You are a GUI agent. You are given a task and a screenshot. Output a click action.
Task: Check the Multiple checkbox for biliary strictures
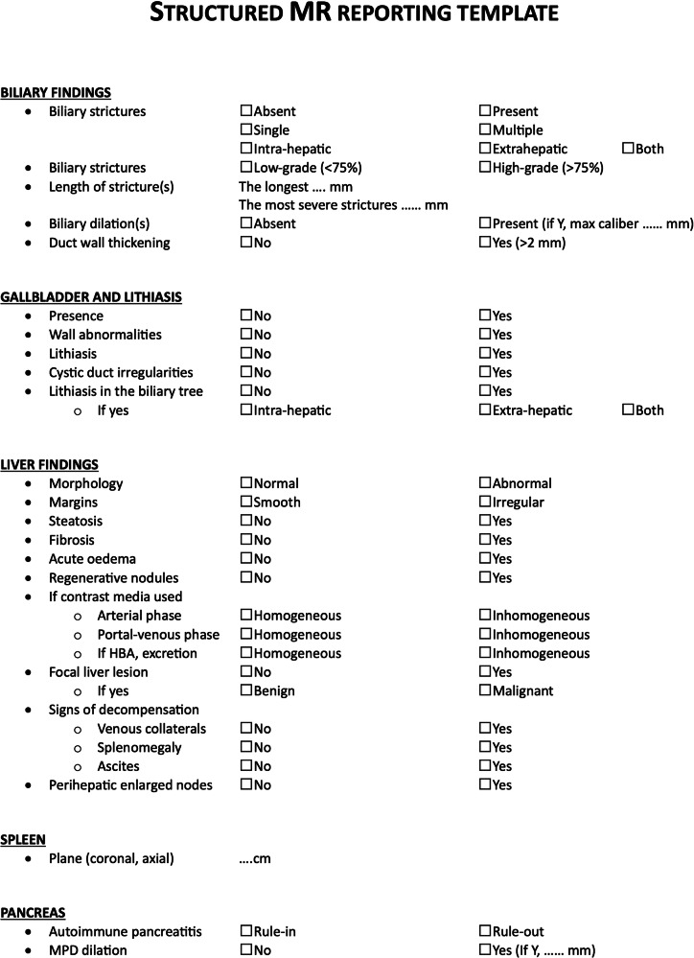pos(484,130)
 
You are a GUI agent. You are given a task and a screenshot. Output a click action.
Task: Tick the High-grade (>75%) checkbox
pos(484,168)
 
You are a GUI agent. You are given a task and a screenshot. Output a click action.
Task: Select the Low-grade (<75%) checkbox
pos(245,168)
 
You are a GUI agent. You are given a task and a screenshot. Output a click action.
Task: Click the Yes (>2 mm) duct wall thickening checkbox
pos(484,243)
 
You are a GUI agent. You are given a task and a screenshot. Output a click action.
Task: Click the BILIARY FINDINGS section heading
pos(56,92)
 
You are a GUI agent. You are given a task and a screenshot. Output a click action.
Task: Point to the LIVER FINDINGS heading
pos(49,465)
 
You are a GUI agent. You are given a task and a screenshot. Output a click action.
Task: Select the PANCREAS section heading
pos(32,914)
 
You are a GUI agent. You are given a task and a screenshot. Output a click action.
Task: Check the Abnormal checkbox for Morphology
pos(484,483)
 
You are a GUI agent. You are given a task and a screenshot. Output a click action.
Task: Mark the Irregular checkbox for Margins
pos(484,502)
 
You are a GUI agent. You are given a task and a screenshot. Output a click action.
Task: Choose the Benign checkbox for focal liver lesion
pos(245,690)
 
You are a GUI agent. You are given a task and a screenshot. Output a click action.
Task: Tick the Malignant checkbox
pos(484,690)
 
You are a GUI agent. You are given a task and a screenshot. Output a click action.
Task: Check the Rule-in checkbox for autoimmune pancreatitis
pos(245,931)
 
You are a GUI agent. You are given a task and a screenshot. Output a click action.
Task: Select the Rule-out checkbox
pos(484,931)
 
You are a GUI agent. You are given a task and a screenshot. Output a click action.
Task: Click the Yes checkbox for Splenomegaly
pos(484,747)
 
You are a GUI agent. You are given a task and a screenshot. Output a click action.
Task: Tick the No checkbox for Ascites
pos(245,766)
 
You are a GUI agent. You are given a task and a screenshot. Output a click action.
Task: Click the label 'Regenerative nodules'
pos(113,578)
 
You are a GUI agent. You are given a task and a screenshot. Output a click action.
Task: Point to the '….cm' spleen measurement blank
pos(255,858)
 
